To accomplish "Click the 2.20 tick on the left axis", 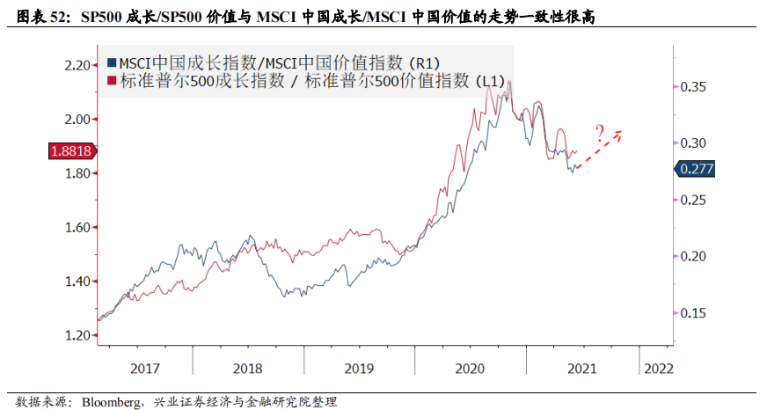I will point(78,65).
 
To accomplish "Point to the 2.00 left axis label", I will point(78,119).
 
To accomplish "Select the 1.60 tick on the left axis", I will point(78,227).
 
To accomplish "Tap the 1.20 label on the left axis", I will point(78,335).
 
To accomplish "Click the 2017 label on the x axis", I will point(144,368).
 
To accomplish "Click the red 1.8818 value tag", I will point(69,150).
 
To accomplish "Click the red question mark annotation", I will point(599,135).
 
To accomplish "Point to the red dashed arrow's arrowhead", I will point(621,133).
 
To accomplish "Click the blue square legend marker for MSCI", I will point(112,62).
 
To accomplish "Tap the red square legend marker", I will point(112,81).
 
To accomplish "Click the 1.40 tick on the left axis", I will point(78,282).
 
